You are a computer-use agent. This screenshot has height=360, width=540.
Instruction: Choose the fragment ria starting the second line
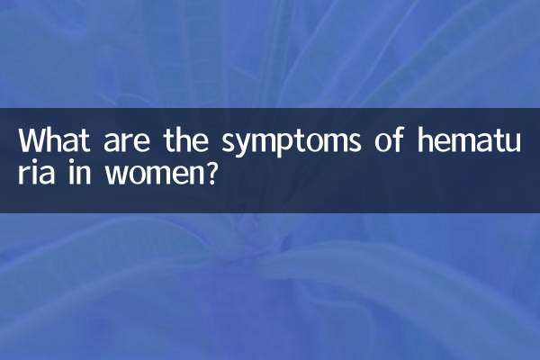(36, 172)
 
